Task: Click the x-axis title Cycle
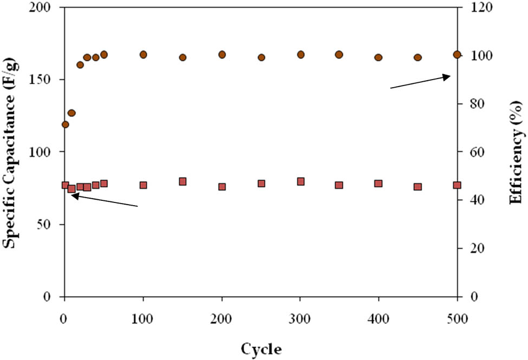click(x=262, y=349)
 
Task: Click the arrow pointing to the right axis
click(x=420, y=82)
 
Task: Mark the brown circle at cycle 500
click(x=457, y=55)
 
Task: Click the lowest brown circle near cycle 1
click(x=66, y=125)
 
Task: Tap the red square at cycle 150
click(x=182, y=181)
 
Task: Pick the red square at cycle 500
click(x=457, y=185)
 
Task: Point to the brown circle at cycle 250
click(x=261, y=57)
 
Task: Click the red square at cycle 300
click(x=301, y=181)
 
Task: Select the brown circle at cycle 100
click(x=144, y=55)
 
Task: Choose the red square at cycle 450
click(x=418, y=187)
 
